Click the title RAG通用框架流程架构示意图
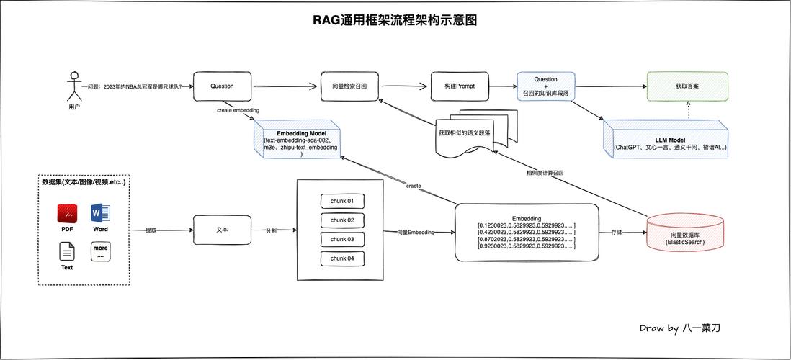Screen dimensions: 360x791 point(395,20)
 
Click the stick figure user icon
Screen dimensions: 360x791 point(73,86)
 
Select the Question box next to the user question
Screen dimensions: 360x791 point(222,86)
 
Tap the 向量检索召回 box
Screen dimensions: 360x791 point(349,86)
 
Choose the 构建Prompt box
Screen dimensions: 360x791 point(460,86)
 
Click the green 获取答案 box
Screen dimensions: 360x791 point(687,86)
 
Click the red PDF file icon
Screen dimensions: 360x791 point(67,214)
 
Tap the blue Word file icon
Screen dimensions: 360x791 point(100,214)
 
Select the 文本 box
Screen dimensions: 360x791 point(222,230)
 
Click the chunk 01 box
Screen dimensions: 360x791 point(342,201)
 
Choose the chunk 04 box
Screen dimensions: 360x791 point(342,258)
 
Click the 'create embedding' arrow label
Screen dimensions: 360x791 point(238,110)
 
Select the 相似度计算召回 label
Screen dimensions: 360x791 point(545,173)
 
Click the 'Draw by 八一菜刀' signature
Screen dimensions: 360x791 point(679,328)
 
